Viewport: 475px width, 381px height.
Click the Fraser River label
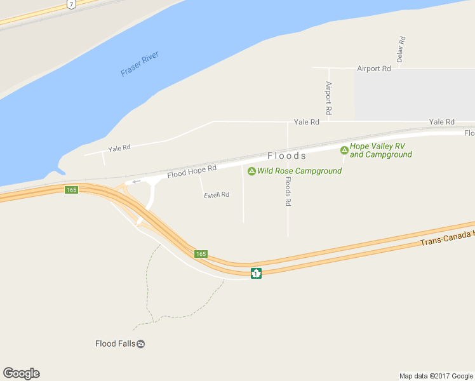coord(140,64)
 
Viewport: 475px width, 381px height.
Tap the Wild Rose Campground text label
coord(299,171)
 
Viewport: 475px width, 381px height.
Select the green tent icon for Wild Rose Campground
coord(251,171)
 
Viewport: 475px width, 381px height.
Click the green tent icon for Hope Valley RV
coord(344,150)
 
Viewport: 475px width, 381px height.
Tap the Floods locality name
coord(287,156)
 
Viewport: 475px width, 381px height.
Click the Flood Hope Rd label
coord(192,171)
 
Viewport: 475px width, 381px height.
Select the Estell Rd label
coord(217,194)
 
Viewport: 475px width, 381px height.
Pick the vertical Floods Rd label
coord(288,190)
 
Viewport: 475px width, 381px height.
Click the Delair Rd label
coord(401,49)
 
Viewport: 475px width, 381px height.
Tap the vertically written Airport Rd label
coord(328,98)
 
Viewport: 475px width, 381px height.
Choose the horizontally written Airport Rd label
coord(373,68)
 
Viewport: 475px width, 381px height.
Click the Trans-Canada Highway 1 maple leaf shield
coord(256,273)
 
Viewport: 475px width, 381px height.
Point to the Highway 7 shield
coord(70,4)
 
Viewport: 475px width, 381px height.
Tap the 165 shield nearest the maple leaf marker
coord(201,253)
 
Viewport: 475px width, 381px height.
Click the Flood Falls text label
coord(115,344)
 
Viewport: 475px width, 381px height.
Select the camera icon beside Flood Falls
coord(141,344)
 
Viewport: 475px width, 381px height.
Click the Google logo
coord(21,373)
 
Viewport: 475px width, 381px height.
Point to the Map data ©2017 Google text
coord(436,376)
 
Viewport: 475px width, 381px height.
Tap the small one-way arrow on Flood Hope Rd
coord(136,181)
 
